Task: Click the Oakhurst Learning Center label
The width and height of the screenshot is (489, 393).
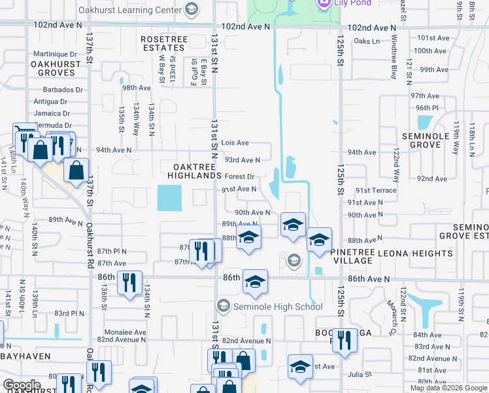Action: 130,10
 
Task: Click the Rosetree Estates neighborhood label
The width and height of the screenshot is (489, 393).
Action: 163,43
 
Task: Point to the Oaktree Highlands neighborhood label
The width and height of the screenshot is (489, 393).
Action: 194,171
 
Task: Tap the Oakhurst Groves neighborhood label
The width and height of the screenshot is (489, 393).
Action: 56,69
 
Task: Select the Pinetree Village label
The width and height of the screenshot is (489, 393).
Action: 361,255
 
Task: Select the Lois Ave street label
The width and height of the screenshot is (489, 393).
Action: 235,142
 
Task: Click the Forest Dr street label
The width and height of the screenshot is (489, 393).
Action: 239,177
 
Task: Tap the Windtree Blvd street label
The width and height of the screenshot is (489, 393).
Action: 394,62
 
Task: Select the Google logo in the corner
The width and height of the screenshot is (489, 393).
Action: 22,385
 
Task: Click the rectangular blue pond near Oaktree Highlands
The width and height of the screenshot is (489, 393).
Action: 170,198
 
